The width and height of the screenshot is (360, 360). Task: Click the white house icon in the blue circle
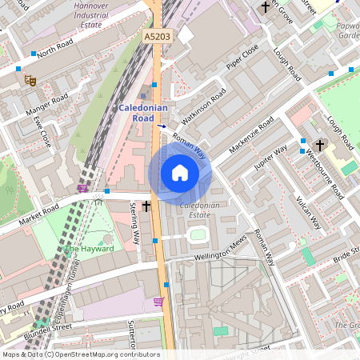[180, 173]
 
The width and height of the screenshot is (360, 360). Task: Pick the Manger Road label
[49, 104]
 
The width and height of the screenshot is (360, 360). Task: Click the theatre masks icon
[32, 79]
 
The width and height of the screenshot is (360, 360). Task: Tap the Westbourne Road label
[326, 174]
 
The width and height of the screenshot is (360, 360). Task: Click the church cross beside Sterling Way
[146, 206]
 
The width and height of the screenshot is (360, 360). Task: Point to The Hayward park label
[90, 249]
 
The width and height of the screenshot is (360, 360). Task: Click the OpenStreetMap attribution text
[80, 354]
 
